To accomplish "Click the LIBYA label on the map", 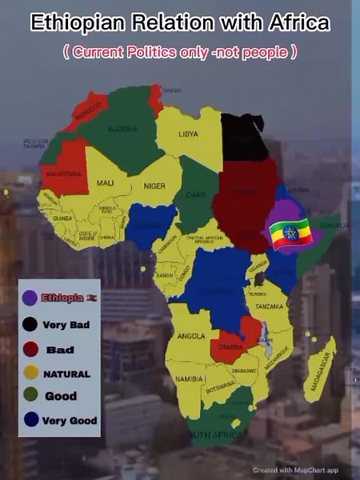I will (x=189, y=134).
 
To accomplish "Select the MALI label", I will (x=105, y=183).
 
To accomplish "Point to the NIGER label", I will (x=154, y=186).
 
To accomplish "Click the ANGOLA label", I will (x=191, y=335).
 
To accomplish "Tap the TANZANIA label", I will (x=270, y=306).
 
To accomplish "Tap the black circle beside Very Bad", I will (x=30, y=325).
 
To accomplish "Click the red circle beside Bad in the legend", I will (x=30, y=349).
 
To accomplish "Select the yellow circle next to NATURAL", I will (x=30, y=373).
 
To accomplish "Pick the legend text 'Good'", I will (x=61, y=396).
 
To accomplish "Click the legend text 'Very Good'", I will (x=70, y=420).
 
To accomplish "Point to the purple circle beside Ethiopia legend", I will (x=30, y=298).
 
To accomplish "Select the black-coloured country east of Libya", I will (x=243, y=138).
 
